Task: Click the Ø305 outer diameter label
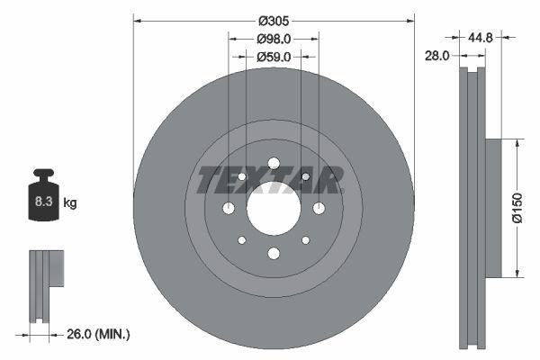[274, 21]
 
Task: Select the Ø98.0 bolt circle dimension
[274, 39]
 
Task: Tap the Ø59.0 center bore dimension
[274, 57]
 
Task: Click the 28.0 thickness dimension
[436, 56]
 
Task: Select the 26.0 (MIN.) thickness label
[97, 334]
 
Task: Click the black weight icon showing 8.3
[42, 200]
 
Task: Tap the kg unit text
[70, 203]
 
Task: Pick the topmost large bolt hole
[274, 163]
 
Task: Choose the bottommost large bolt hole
[274, 255]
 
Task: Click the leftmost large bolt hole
[229, 209]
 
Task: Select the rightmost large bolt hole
[319, 209]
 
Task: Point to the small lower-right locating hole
[306, 240]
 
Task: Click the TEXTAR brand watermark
[270, 180]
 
